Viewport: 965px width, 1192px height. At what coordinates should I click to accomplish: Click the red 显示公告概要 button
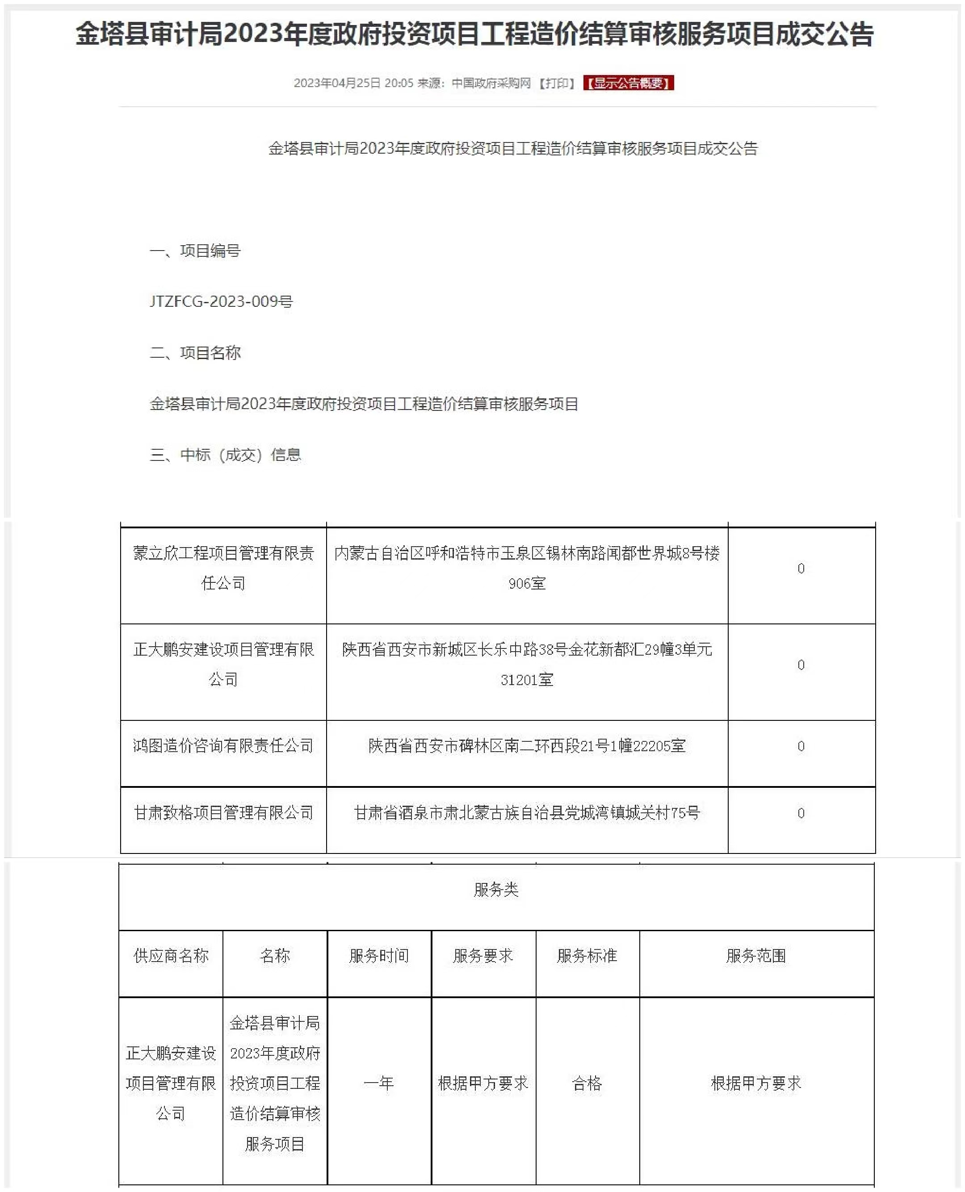coord(628,83)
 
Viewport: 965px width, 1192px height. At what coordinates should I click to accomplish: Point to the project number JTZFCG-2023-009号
coord(221,301)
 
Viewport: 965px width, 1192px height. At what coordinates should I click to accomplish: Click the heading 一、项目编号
coord(195,251)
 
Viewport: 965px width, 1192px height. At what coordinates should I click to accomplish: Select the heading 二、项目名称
coord(195,353)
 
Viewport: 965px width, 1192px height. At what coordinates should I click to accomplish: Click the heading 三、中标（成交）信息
coord(225,455)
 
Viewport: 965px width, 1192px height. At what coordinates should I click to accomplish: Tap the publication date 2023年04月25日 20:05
coord(353,83)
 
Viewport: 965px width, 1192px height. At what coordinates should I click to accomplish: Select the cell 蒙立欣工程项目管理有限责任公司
coord(223,568)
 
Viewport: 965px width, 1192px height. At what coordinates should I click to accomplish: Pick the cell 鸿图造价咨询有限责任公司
coord(223,746)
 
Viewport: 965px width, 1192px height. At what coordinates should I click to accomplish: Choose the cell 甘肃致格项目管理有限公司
coord(223,813)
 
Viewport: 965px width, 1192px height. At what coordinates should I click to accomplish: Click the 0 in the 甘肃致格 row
coord(801,813)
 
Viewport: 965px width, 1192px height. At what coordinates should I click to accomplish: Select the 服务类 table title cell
coord(496,890)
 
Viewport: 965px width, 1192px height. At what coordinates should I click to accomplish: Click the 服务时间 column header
coord(379,956)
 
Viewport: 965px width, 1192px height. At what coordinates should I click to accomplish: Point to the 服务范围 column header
coord(756,956)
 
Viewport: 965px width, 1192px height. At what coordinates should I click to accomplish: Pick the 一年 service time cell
coord(379,1083)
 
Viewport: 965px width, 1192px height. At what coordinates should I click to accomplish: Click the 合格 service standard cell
coord(587,1083)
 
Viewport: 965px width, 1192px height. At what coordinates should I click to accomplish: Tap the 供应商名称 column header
coord(171,956)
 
